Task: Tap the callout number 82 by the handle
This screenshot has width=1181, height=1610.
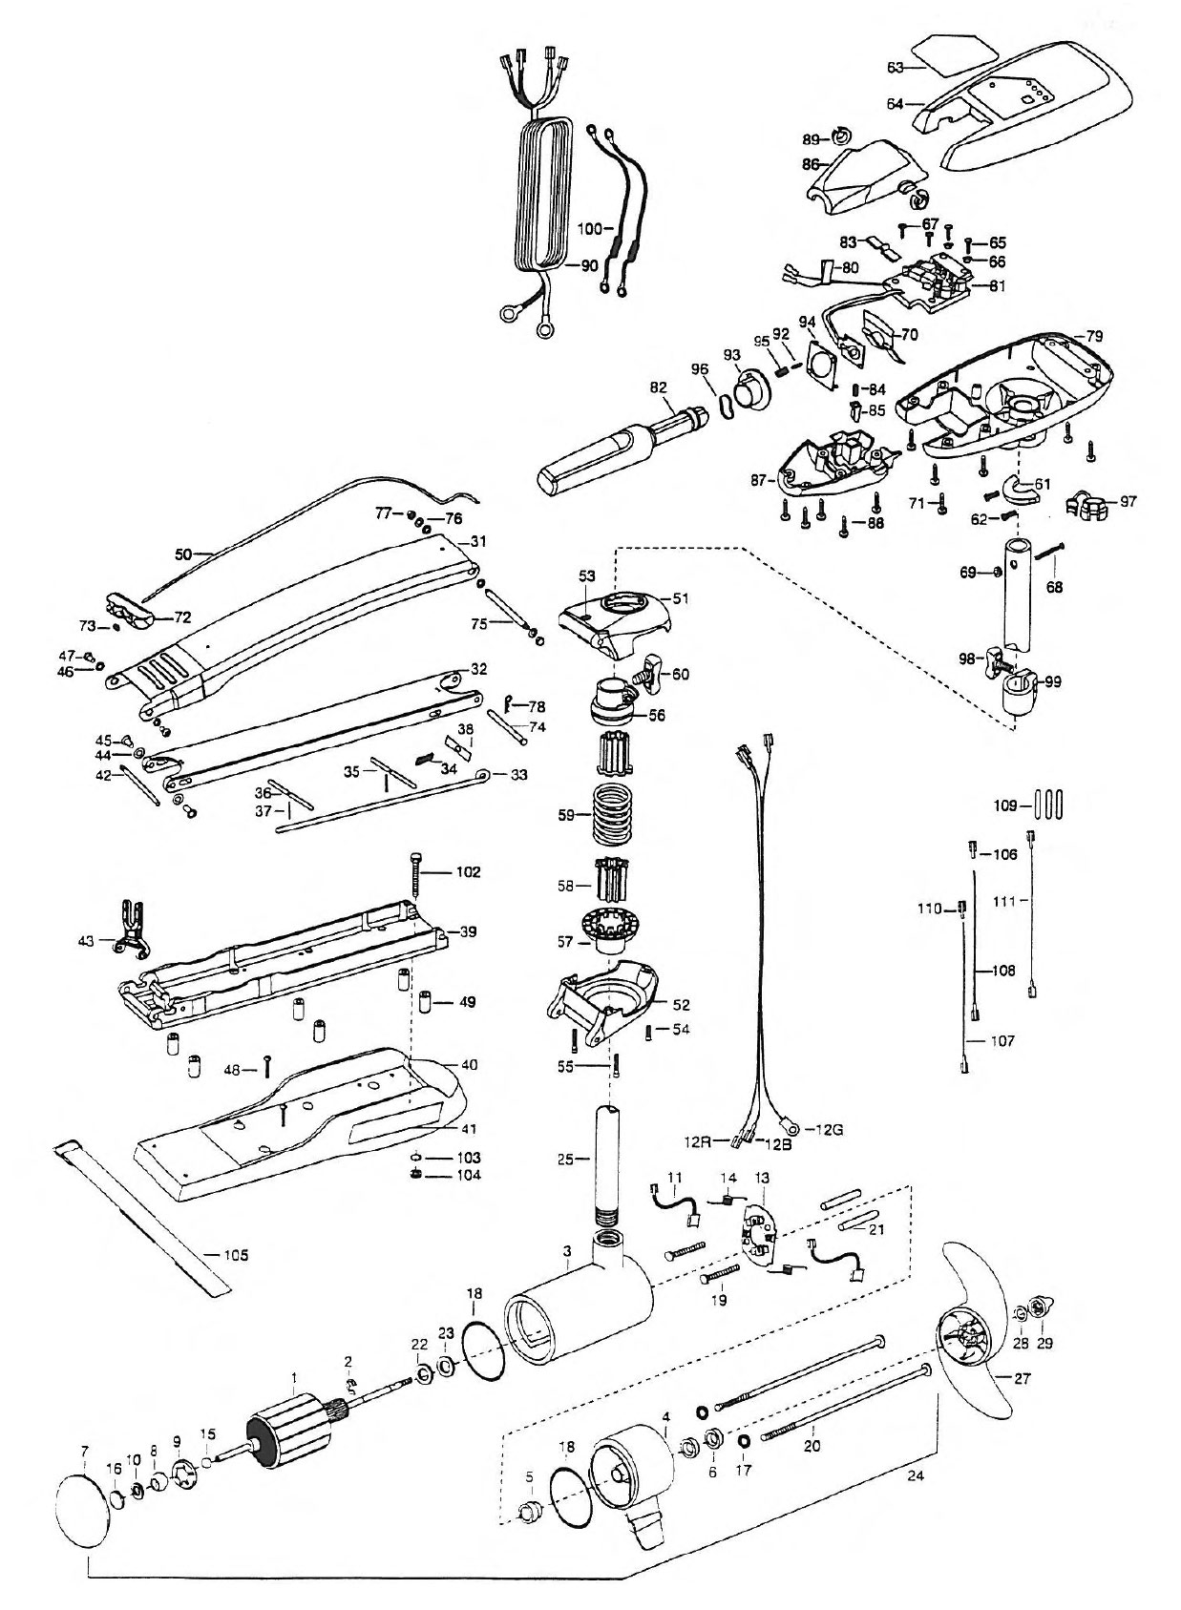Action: pyautogui.click(x=658, y=387)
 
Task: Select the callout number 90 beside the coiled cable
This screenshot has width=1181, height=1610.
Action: pyautogui.click(x=589, y=266)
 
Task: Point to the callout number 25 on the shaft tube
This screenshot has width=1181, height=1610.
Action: pyautogui.click(x=567, y=1159)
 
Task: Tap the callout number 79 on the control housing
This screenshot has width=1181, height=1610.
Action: pyautogui.click(x=1094, y=336)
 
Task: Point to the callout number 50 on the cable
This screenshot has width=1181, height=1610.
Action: pyautogui.click(x=184, y=554)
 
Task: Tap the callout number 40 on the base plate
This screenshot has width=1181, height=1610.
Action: pyautogui.click(x=469, y=1064)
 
